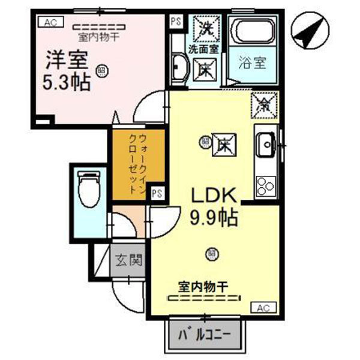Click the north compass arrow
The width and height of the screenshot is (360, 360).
[310, 33]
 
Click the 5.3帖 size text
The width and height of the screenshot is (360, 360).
[67, 82]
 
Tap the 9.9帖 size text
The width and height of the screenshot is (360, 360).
[215, 217]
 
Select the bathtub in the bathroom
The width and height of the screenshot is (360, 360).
[253, 32]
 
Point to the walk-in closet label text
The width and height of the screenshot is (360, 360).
[136, 162]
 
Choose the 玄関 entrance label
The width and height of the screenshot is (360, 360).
[128, 260]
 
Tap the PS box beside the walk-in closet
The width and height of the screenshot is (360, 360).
[157, 193]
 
